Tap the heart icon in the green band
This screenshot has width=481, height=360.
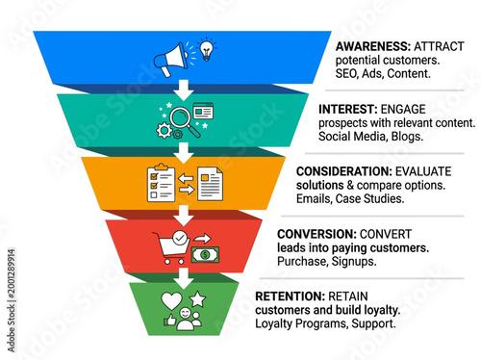(x=170, y=300)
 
